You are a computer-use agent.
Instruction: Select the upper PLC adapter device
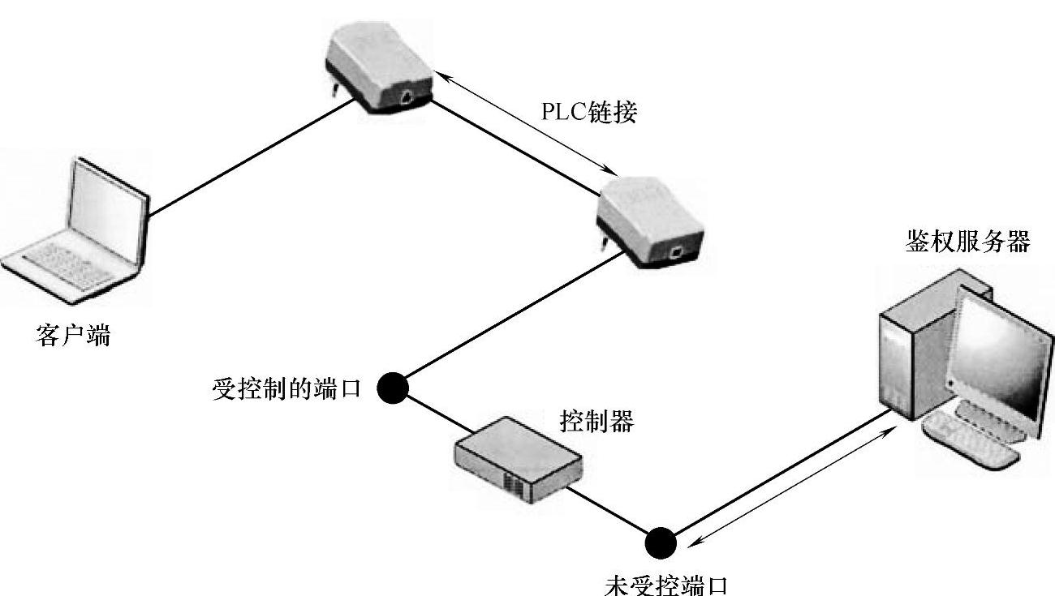click(x=378, y=68)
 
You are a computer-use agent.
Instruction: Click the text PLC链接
click(x=589, y=112)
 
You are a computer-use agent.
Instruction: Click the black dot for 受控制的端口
click(x=393, y=388)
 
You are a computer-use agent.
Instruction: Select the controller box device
click(x=518, y=459)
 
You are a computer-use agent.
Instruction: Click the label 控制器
click(x=596, y=421)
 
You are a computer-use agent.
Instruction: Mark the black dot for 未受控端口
click(x=661, y=542)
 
